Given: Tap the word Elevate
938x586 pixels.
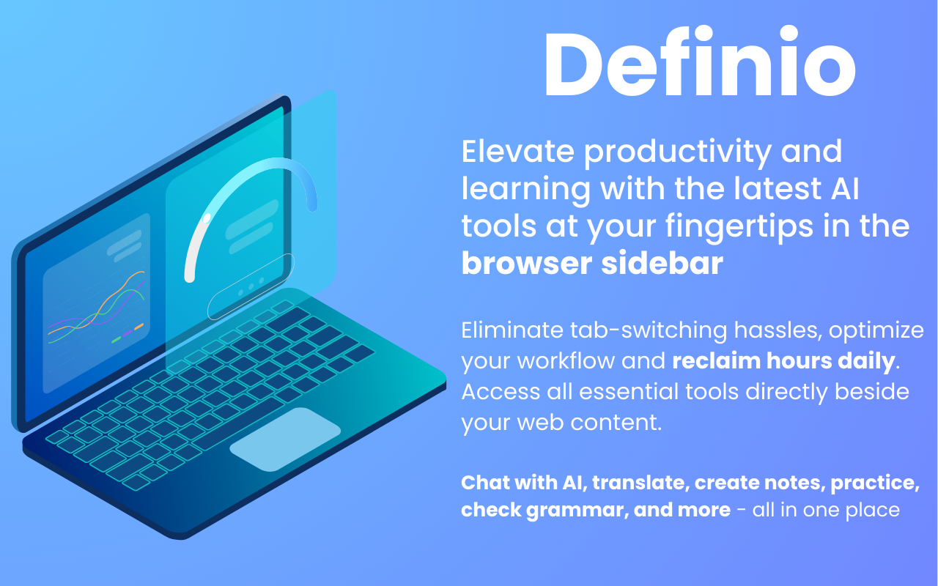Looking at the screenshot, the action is click(517, 151).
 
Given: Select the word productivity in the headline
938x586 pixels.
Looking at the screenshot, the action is click(678, 154).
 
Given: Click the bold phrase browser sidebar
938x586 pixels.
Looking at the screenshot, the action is click(592, 263).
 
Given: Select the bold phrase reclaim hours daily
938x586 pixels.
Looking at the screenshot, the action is click(783, 362).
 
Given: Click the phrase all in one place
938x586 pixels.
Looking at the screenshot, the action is click(826, 511).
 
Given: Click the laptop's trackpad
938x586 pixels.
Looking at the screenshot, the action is click(285, 439).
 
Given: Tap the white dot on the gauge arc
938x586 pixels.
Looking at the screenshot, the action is click(206, 218).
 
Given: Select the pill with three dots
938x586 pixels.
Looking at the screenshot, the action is click(251, 286).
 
